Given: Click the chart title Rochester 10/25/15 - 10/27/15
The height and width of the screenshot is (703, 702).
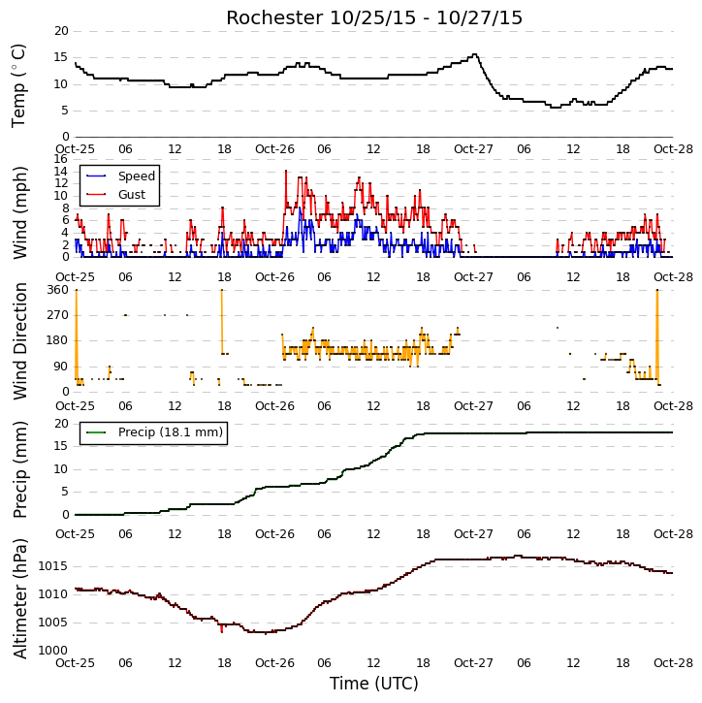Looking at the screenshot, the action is pos(374,17).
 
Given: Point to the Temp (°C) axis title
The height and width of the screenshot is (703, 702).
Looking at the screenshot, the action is pos(18,85).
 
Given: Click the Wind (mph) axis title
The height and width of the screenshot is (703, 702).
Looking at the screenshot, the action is pos(20,213).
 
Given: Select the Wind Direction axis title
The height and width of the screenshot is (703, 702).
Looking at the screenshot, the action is pos(20,341).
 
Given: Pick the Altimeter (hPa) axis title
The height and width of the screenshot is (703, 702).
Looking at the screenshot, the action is pos(20,599).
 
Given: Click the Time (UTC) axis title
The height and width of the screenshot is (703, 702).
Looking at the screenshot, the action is pos(374,684).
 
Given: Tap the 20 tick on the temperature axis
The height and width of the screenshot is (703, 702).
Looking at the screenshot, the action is pos(61,31).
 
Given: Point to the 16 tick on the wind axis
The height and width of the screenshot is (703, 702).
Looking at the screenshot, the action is pos(61,159).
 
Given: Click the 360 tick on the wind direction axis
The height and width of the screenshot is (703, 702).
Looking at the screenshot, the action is pos(58,290).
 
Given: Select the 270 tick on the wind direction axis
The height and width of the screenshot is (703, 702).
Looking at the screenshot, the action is pos(58,315).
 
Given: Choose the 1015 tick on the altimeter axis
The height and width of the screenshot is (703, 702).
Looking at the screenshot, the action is pos(53,566).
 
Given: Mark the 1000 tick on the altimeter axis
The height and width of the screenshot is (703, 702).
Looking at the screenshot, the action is pos(53,651).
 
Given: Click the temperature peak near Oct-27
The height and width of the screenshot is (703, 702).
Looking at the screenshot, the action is pos(475,54).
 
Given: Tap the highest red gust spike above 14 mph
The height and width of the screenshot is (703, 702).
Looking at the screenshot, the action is pos(286,171).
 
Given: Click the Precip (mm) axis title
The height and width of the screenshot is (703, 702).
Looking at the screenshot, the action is pos(20,470).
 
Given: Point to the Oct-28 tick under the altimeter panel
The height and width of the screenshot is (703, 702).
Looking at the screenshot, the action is pos(673,662).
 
